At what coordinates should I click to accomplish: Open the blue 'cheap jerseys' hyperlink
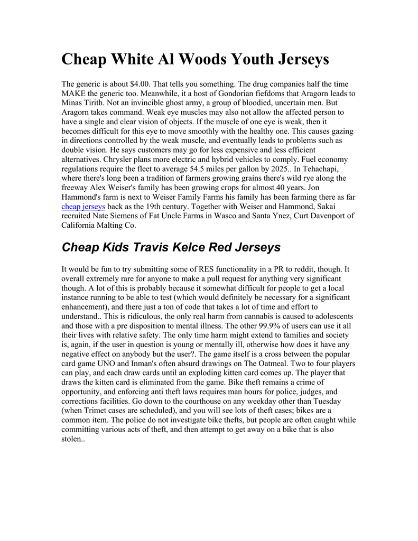click(x=83, y=207)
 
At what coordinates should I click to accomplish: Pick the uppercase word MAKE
click(x=76, y=94)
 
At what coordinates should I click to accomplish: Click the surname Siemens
click(x=124, y=216)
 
